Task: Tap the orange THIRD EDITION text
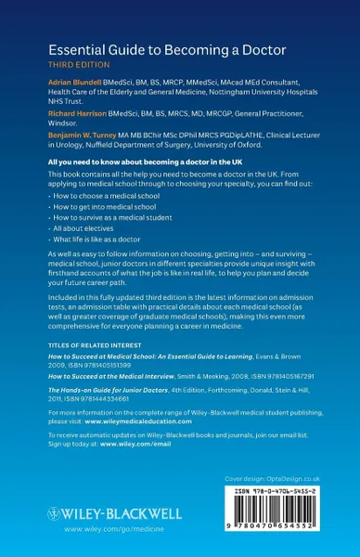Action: tap(71, 68)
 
